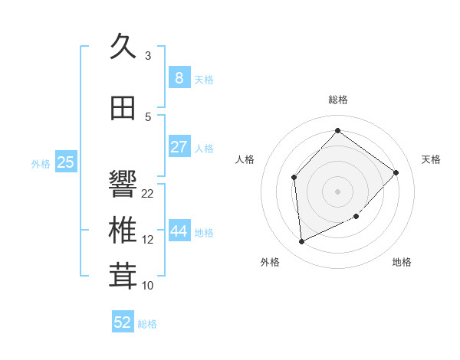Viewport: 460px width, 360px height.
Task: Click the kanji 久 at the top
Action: [x=123, y=47]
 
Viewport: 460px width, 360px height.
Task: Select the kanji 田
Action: [x=123, y=108]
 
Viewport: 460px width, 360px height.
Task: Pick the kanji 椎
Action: [x=123, y=231]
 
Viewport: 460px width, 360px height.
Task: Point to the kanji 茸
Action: [x=123, y=277]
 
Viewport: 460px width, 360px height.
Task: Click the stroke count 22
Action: [x=148, y=193]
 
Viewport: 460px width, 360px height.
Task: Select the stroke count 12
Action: [x=148, y=240]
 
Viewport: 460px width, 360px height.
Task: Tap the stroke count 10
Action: [x=148, y=286]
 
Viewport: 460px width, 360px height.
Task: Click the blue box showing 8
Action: [x=179, y=77]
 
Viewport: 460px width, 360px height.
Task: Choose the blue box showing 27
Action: [x=179, y=147]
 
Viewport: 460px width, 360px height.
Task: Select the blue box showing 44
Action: [x=179, y=231]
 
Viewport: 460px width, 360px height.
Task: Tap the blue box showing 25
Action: [x=66, y=162]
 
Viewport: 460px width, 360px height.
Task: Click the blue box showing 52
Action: [x=123, y=322]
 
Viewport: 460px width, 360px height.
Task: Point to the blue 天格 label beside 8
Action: [x=204, y=79]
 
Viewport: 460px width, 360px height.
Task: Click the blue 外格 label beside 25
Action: [x=41, y=163]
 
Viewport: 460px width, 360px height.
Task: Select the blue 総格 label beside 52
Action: [x=147, y=324]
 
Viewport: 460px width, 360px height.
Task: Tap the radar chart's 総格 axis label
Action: [x=337, y=100]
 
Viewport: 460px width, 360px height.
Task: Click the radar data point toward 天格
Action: [x=396, y=172]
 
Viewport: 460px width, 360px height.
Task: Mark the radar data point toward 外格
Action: [x=302, y=242]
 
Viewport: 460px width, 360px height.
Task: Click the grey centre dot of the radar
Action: [x=337, y=191]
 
